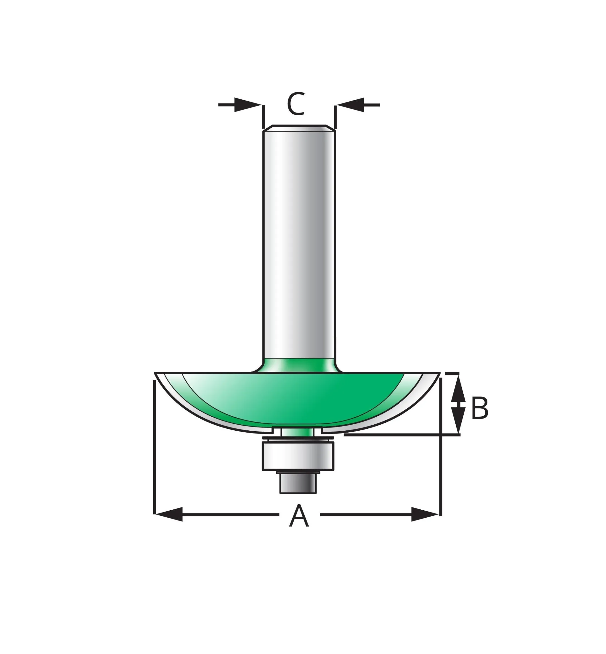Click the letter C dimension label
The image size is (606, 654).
coord(296,104)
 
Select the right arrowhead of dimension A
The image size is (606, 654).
coord(425,514)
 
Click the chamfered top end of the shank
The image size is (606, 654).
coord(299,128)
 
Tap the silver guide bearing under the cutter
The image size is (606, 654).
coord(298,456)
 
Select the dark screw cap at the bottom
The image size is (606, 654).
coord(298,483)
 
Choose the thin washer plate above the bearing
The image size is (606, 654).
coord(298,438)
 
